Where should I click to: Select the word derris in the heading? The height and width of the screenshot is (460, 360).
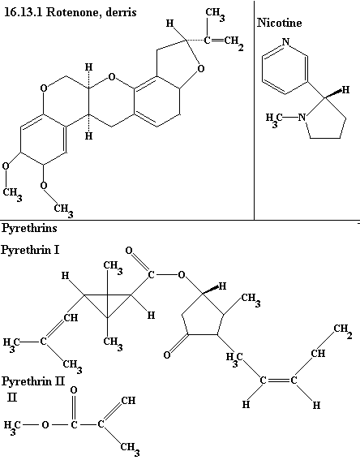click(122, 12)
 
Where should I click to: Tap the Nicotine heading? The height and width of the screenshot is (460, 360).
click(280, 23)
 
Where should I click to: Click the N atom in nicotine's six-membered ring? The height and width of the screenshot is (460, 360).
click(286, 42)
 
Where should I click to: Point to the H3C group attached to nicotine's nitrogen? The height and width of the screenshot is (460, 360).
click(273, 118)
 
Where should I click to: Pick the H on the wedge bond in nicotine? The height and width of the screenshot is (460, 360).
click(346, 90)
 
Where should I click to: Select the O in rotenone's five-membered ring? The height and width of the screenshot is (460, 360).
click(201, 69)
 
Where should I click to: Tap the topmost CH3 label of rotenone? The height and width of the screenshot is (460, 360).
click(216, 15)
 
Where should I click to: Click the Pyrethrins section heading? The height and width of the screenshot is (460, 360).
click(29, 228)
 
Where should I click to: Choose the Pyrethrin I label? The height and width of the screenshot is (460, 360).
click(30, 250)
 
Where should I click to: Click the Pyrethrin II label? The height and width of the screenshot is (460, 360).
click(32, 381)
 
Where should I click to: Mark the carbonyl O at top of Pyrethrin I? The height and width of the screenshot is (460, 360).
click(129, 251)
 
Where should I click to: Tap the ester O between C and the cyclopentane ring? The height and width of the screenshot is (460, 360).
click(182, 275)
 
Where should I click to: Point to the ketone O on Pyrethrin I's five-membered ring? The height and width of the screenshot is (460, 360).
click(167, 355)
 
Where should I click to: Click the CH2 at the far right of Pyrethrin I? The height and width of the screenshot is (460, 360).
click(343, 331)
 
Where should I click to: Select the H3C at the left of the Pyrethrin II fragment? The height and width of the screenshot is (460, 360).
click(12, 426)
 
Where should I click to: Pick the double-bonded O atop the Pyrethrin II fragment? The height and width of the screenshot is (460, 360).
click(74, 390)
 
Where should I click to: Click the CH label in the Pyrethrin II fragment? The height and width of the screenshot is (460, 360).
click(128, 401)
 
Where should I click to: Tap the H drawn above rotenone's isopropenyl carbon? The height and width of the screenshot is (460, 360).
click(169, 24)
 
